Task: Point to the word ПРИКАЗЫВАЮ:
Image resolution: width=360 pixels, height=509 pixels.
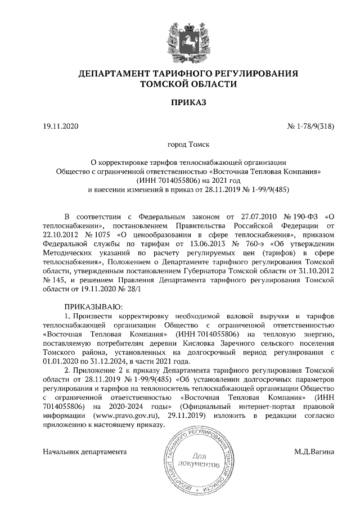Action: point(91,306)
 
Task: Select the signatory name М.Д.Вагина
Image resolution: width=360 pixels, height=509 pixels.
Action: point(313,452)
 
